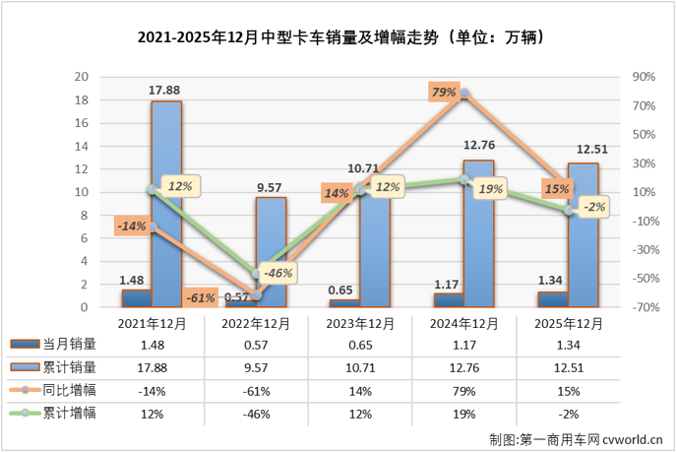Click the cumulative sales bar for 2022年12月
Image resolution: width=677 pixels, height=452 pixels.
click(271, 252)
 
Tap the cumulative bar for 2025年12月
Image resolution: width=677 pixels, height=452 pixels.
click(583, 235)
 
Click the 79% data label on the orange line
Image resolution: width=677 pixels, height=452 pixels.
click(443, 93)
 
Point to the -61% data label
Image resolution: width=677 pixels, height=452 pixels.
click(200, 296)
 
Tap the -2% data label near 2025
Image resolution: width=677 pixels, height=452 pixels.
click(592, 207)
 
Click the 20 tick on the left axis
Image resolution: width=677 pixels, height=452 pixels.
click(85, 77)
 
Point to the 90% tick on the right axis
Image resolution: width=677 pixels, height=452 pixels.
click(644, 77)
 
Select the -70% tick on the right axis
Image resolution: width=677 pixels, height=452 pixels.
click(643, 307)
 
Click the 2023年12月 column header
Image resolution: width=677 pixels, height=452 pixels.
click(360, 324)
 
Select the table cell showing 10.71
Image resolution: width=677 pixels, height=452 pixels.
click(360, 365)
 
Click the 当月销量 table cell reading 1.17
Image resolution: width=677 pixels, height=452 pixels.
click(464, 344)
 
